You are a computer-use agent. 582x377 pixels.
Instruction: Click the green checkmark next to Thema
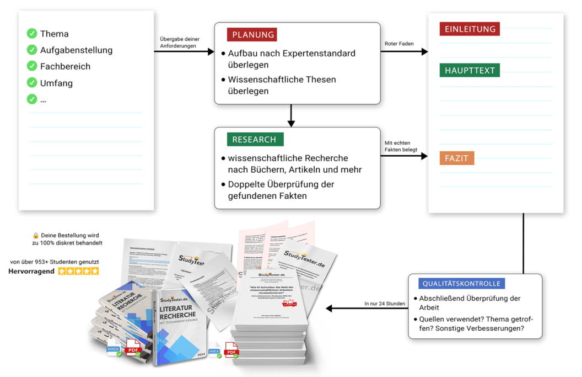(32, 34)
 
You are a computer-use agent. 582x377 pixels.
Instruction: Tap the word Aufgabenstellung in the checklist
(76, 50)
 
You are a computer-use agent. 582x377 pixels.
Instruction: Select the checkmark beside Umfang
(32, 83)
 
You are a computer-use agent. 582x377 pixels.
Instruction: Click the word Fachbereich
(65, 66)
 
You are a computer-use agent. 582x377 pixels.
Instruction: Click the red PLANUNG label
(252, 35)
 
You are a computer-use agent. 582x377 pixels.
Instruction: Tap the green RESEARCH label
(254, 140)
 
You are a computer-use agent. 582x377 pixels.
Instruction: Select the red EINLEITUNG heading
(470, 29)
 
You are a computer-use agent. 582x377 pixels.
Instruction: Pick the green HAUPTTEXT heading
(470, 71)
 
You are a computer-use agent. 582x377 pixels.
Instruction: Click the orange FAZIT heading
(456, 159)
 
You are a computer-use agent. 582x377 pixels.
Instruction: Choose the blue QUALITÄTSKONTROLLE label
(461, 284)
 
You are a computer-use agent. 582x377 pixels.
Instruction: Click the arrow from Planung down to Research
(292, 115)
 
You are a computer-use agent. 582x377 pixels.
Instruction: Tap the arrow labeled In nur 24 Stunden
(366, 309)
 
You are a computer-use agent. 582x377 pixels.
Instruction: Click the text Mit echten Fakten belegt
(400, 146)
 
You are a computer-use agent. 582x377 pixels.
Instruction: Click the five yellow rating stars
(78, 271)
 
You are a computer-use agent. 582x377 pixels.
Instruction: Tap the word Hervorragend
(32, 272)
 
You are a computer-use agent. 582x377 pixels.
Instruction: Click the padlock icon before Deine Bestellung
(35, 236)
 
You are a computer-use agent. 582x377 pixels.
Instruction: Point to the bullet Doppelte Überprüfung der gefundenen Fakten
(281, 189)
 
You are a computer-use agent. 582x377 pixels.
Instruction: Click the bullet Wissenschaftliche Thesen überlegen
(282, 85)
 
